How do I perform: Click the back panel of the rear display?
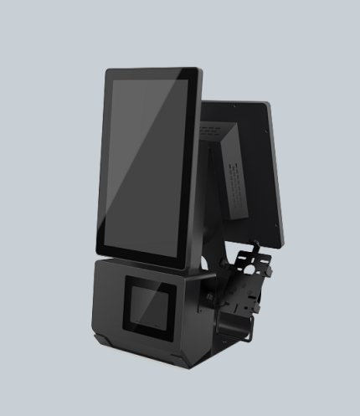click(251, 167)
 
